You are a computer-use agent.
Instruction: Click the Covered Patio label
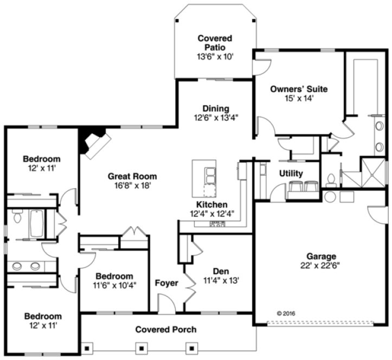pyautogui.click(x=215, y=43)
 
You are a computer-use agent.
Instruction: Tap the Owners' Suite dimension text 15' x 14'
pyautogui.click(x=299, y=98)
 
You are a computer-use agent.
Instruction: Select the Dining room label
pyautogui.click(x=216, y=108)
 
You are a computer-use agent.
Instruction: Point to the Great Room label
pyautogui.click(x=132, y=176)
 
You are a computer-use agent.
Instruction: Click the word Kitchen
pyautogui.click(x=211, y=204)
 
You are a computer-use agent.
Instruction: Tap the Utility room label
pyautogui.click(x=291, y=174)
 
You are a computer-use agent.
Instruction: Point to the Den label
pyautogui.click(x=220, y=271)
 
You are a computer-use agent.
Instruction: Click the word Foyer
pyautogui.click(x=166, y=283)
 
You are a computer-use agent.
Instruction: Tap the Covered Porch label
pyautogui.click(x=166, y=329)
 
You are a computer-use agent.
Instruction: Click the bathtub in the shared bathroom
pyautogui.click(x=36, y=224)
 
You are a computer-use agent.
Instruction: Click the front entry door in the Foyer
pyautogui.click(x=167, y=304)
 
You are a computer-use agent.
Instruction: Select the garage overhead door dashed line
pyautogui.click(x=321, y=323)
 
